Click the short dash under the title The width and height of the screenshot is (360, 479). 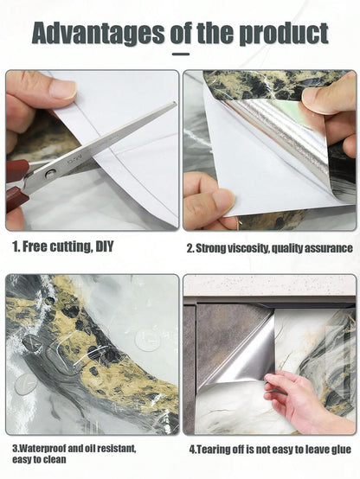pos(181,54)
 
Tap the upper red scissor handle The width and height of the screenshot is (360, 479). pos(16,169)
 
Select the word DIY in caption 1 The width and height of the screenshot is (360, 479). pos(105,246)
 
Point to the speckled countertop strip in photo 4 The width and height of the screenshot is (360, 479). pos(269,285)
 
